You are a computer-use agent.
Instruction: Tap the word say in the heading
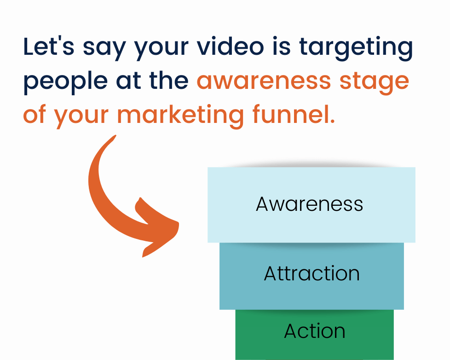point(104,49)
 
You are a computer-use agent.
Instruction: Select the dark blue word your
point(162,49)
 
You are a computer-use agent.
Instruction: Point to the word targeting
point(356,48)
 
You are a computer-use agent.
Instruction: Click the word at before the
point(128,81)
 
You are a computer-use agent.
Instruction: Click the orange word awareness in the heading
point(264,81)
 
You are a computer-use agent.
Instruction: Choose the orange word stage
point(374,83)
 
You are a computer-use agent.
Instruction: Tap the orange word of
point(35,114)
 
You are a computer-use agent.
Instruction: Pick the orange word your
point(81,117)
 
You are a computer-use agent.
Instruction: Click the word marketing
point(180,116)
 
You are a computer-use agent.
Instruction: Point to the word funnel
point(294,114)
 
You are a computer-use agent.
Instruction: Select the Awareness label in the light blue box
point(309,204)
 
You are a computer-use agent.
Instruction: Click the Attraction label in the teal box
point(312,273)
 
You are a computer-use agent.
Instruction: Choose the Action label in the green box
point(315,331)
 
